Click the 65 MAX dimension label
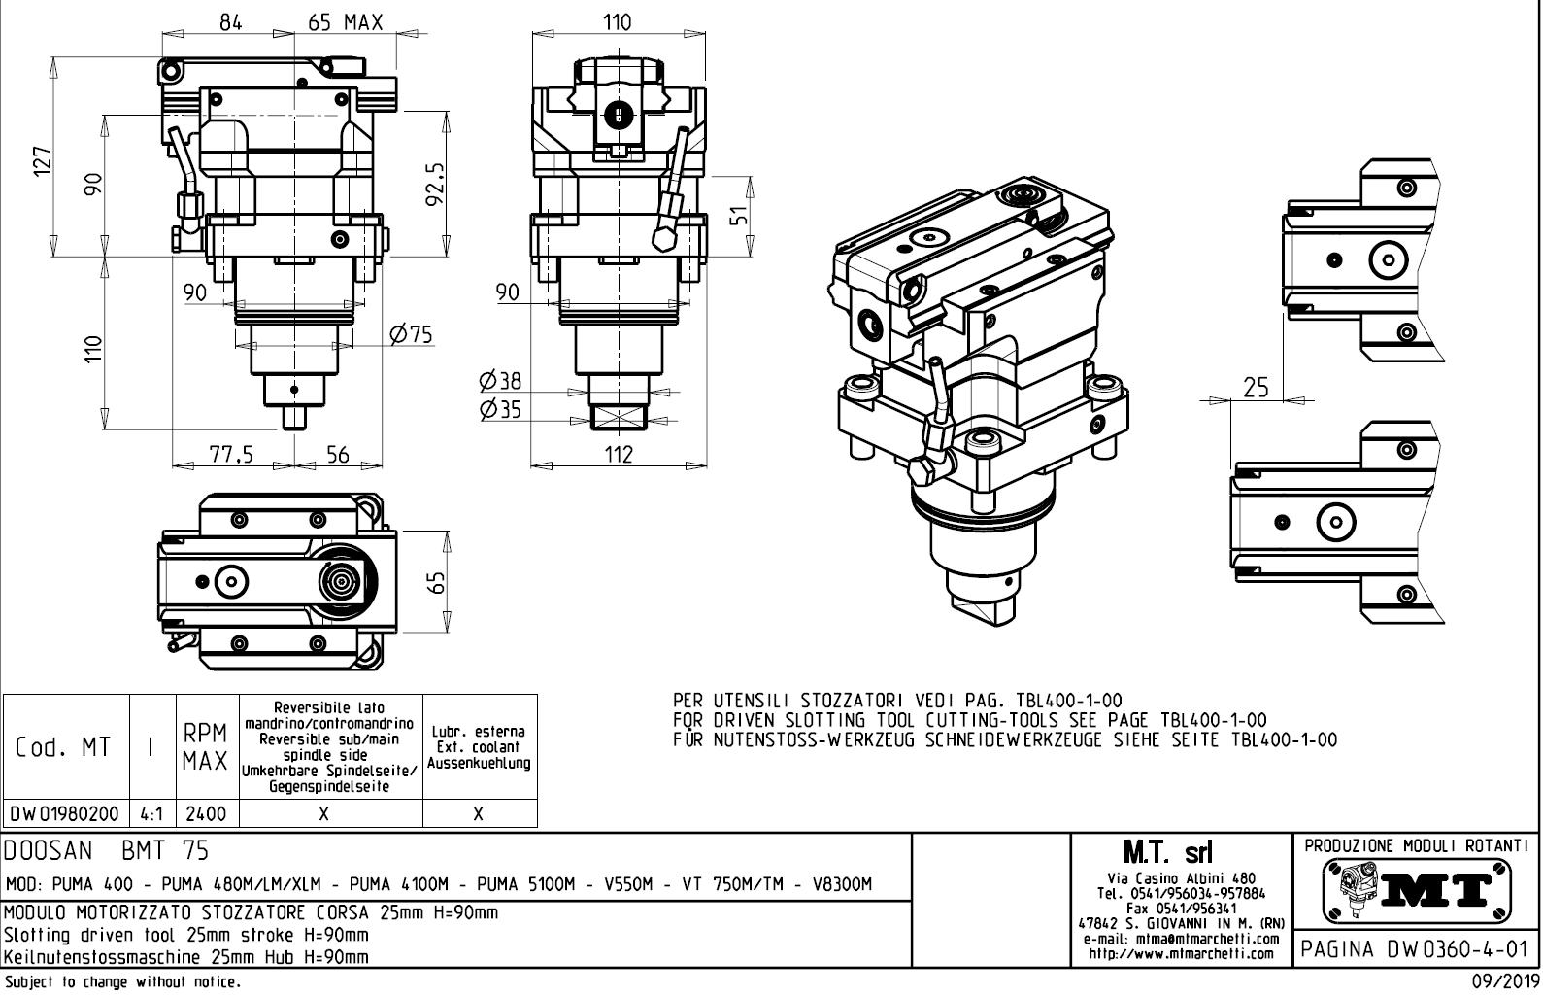click(x=346, y=21)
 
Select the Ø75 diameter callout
click(x=410, y=335)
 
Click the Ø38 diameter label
click(x=500, y=382)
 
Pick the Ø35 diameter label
click(x=500, y=409)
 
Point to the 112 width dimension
click(x=618, y=454)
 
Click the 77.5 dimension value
click(x=230, y=454)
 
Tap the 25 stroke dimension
click(x=1256, y=388)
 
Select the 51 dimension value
click(x=740, y=216)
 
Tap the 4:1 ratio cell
click(x=152, y=813)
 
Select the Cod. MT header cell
click(x=63, y=746)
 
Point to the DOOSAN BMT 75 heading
click(x=107, y=851)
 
